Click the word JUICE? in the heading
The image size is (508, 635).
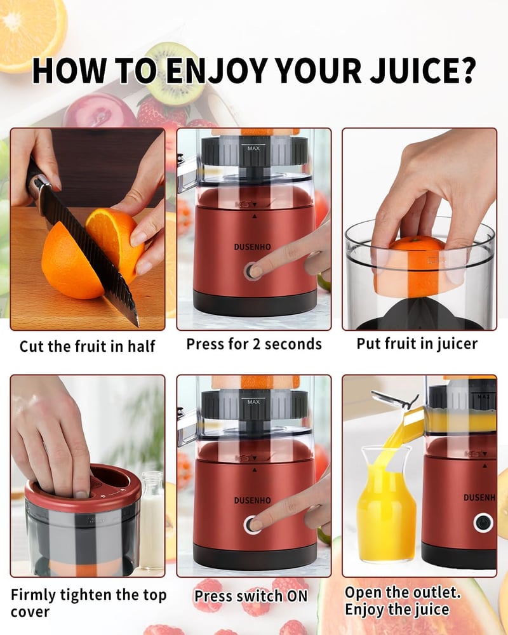422,70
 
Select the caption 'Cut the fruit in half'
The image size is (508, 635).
87,346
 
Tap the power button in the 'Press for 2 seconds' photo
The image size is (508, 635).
252,271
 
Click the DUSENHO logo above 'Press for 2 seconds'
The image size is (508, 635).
252,246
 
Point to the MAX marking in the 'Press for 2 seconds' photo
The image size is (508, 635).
253,148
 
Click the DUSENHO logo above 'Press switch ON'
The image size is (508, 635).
252,500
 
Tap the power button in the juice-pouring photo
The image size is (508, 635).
483,523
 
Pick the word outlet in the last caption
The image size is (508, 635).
439,592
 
